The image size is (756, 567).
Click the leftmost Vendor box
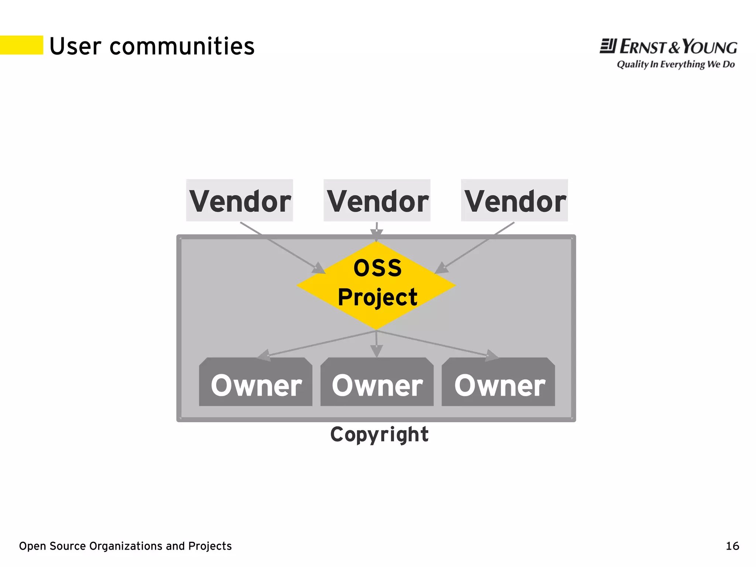pos(239,201)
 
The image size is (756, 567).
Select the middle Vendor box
pos(377,201)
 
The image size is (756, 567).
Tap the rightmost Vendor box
pos(514,201)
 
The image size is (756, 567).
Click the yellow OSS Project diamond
pos(376,285)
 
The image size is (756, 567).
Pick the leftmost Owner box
pos(255,382)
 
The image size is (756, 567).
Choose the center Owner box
pos(377,382)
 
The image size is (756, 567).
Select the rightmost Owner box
pos(498,382)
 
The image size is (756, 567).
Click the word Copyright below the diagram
pos(379,434)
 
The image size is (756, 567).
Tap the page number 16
pos(732,546)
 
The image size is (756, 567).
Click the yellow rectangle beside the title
pos(21,45)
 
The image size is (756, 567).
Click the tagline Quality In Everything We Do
pos(676,64)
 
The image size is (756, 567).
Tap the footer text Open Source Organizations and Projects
pos(125,546)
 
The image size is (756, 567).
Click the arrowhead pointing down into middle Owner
pos(377,351)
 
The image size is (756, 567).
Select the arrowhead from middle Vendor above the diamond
pos(377,234)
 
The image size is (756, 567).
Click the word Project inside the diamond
pos(377,297)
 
